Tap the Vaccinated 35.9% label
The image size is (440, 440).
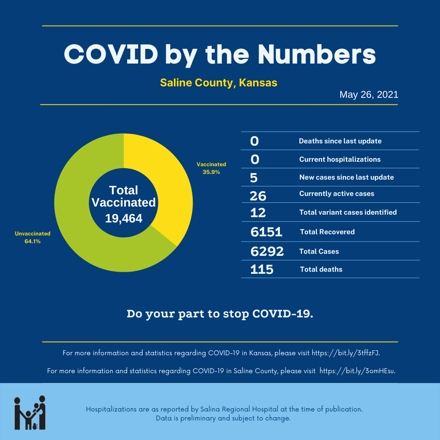pos(211,168)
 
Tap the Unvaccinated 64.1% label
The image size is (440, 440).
pos(33,238)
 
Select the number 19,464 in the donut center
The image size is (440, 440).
pos(124,218)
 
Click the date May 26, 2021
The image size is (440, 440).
pos(369,95)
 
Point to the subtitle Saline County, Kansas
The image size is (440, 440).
pos(219,83)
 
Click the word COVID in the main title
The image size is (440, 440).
pos(111,54)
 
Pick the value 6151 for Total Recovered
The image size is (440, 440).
pos(266,232)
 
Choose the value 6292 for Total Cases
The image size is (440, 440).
pos(267,251)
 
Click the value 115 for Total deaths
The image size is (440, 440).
pos(262,269)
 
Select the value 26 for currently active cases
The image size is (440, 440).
pos(258,196)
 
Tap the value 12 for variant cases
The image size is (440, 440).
pos(258,212)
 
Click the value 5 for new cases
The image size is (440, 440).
pos(254,178)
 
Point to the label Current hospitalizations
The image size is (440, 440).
pos(340,159)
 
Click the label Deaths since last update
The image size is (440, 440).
pos(340,141)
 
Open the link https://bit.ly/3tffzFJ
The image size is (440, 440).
pos(346,353)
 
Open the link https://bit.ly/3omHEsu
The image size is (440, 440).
pos(357,371)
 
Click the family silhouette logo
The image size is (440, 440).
pos(30,412)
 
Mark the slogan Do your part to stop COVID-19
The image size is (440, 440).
pos(220,314)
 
